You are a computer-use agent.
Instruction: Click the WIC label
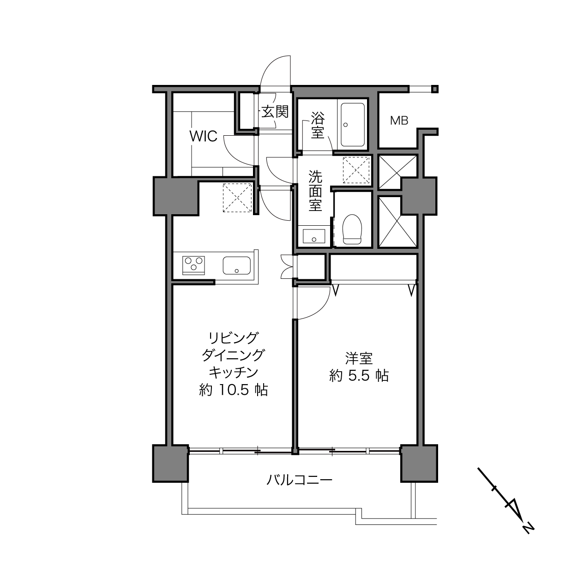point(204,137)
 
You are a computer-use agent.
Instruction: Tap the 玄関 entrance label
point(275,112)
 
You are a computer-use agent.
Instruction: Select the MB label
point(399,120)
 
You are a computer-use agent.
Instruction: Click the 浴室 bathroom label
point(318,125)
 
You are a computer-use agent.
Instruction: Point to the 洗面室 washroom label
point(315,191)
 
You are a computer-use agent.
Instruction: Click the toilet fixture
point(352,229)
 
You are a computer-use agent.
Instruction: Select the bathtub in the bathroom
point(353,125)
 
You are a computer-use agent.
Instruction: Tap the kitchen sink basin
point(237,265)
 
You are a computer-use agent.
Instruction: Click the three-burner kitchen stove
point(193,265)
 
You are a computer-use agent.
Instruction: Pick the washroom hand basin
point(314,236)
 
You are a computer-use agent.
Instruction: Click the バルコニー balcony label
point(300,481)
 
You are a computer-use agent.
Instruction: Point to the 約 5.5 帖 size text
point(359,376)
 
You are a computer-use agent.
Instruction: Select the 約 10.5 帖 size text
point(233,390)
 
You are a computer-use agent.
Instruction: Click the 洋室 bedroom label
point(359,358)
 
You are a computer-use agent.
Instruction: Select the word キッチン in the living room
point(233,373)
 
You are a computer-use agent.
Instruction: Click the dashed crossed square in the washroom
point(356,170)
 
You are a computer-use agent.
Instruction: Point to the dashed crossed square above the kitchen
point(237,198)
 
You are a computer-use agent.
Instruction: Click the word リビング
point(233,338)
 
